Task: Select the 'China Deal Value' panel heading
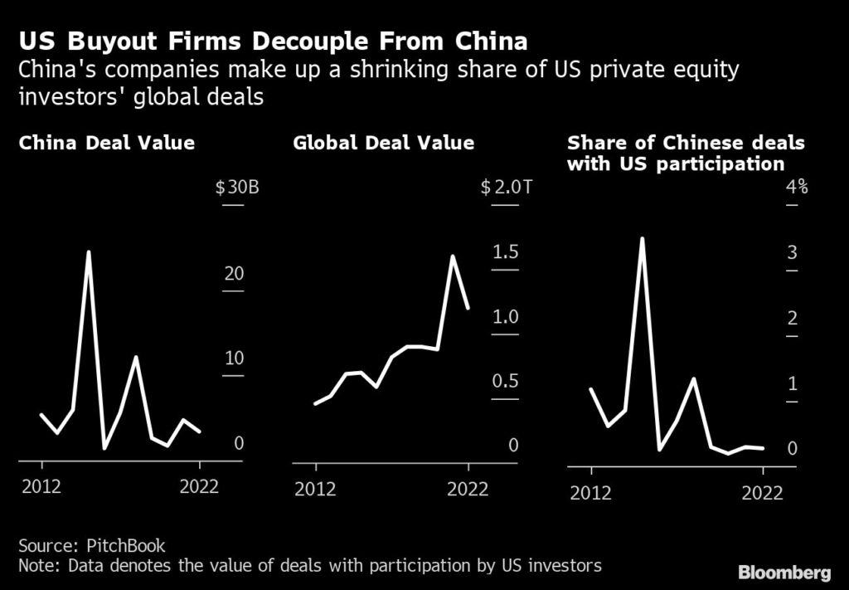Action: click(x=107, y=143)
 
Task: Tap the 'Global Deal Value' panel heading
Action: click(x=384, y=143)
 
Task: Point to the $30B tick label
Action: click(x=238, y=187)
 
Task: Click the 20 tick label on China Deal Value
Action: click(x=234, y=274)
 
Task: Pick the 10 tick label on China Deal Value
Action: click(x=234, y=358)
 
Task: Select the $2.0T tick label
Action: click(x=506, y=187)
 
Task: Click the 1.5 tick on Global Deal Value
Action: click(x=505, y=252)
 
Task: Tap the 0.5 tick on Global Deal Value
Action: click(x=505, y=381)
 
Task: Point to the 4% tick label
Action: click(x=797, y=187)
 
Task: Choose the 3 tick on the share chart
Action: click(x=793, y=253)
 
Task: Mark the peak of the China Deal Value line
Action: click(x=89, y=251)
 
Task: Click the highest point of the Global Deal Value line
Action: click(x=453, y=256)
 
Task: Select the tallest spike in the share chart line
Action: click(x=641, y=238)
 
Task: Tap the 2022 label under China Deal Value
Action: click(x=199, y=486)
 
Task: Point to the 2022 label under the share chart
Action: click(x=763, y=493)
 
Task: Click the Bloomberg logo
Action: click(x=785, y=572)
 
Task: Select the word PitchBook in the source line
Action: click(x=126, y=545)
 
